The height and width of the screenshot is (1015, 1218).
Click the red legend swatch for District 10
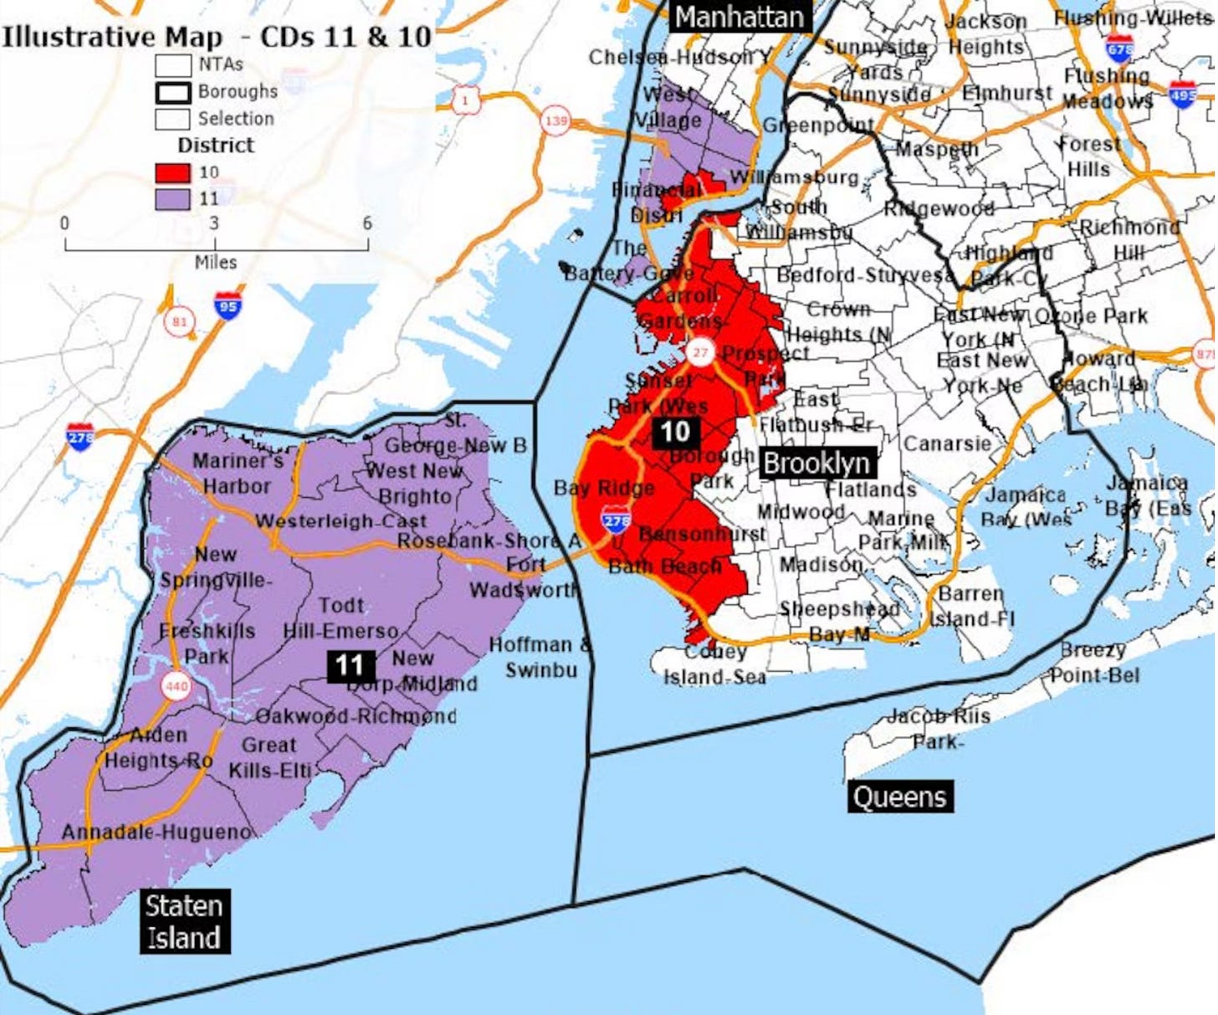point(172,173)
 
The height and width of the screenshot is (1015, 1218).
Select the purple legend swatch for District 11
point(172,199)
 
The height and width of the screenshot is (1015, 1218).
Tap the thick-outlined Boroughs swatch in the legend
point(172,91)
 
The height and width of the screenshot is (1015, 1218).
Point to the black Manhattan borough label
point(739,17)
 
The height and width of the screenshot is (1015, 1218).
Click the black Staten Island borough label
point(184,921)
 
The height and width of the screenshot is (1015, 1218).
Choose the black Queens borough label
point(900,797)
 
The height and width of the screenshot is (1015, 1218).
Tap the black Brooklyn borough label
point(816,463)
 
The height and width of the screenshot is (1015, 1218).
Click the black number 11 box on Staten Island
point(350,665)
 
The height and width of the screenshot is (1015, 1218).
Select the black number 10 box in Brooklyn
point(675,432)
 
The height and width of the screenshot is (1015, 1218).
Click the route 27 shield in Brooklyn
point(700,352)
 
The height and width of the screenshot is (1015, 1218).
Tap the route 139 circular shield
point(555,121)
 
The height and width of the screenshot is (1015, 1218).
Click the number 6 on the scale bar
point(366,223)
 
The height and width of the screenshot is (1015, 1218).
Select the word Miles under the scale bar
point(216,263)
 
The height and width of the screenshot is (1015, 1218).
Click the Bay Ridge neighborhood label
point(604,488)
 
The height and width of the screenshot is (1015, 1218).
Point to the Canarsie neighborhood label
point(947,443)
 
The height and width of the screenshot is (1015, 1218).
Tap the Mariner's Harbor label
point(238,473)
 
